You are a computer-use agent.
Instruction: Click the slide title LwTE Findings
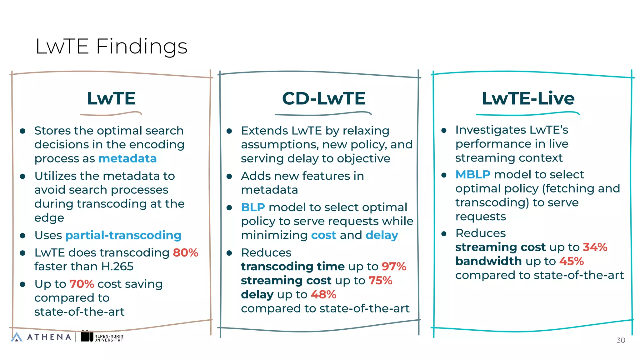click(111, 47)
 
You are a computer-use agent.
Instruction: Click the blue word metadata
click(127, 158)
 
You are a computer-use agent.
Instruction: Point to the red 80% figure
click(186, 252)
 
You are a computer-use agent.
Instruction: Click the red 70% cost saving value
click(82, 284)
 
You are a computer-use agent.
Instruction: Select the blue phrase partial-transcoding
click(123, 235)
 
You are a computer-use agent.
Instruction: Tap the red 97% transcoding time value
click(393, 267)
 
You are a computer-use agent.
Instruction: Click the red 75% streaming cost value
click(380, 280)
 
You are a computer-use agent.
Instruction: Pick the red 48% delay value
click(323, 294)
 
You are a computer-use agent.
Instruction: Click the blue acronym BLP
click(253, 207)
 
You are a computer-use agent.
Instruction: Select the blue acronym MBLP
click(472, 174)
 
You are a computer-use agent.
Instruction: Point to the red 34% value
click(595, 247)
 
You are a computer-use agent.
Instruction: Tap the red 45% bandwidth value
click(571, 261)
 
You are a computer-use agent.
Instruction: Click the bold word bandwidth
click(488, 261)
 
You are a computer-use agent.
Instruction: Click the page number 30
click(620, 340)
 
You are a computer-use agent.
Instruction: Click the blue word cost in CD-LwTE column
click(323, 235)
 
